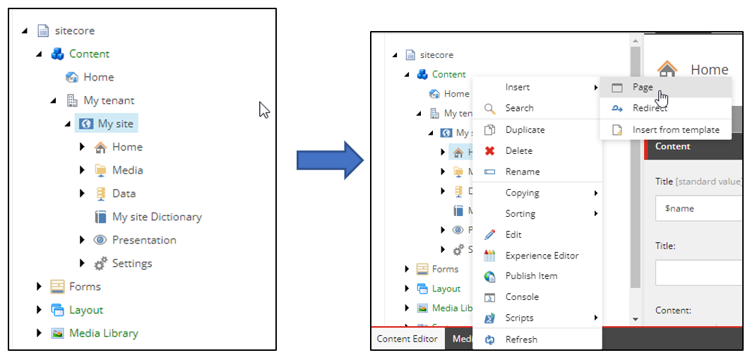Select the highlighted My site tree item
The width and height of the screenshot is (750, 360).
[115, 124]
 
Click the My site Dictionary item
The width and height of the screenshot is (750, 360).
[156, 217]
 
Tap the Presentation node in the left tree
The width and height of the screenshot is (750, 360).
[143, 240]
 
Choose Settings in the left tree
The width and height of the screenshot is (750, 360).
[131, 263]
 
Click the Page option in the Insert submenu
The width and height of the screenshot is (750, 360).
[642, 88]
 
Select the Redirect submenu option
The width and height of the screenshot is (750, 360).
[649, 108]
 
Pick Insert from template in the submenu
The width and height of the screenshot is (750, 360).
[675, 130]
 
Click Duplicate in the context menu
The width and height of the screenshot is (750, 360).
[525, 130]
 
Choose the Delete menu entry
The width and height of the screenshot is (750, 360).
[518, 150]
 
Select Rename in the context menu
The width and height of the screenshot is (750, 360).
[522, 172]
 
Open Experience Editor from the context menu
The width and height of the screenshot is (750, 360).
[542, 256]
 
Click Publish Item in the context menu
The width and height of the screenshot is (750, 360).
[532, 276]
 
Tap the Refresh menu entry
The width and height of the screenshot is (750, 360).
[521, 340]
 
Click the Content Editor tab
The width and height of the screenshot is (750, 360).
[407, 339]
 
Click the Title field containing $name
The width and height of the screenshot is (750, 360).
[699, 209]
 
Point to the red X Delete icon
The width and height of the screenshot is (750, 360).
[489, 151]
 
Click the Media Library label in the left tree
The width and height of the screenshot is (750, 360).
[103, 333]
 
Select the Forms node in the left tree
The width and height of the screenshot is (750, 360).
[85, 287]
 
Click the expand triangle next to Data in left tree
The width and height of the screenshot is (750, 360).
[83, 193]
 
